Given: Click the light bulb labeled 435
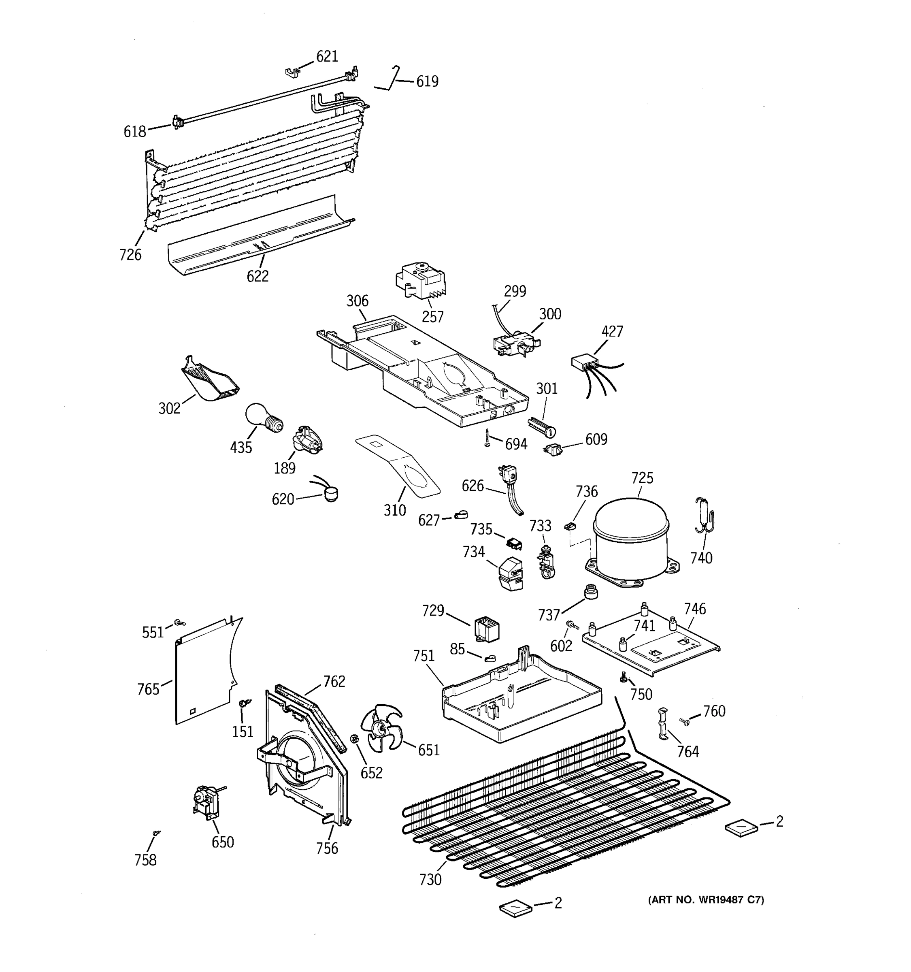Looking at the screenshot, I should click(263, 418).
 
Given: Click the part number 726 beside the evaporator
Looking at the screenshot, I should click(130, 255).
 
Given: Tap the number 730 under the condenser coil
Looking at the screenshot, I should click(430, 880).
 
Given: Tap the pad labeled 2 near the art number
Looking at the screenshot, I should click(515, 909).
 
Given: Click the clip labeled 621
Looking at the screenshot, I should click(292, 73).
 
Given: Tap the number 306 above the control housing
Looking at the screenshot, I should click(357, 301).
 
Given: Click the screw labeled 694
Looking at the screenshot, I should click(487, 437).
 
